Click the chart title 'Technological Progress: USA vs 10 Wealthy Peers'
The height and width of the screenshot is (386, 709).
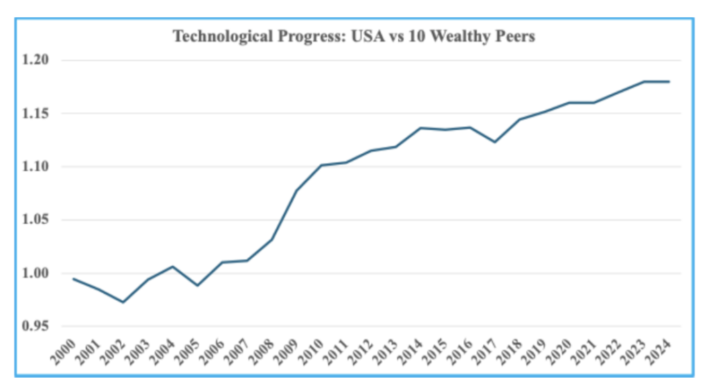pos(354,37)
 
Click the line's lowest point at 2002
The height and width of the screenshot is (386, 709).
pos(123,302)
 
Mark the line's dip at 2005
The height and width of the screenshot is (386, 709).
pos(198,286)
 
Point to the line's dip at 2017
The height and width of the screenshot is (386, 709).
pos(496,142)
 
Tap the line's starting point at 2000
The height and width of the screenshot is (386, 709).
pos(73,279)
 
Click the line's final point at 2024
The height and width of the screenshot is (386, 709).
pos(669,82)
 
